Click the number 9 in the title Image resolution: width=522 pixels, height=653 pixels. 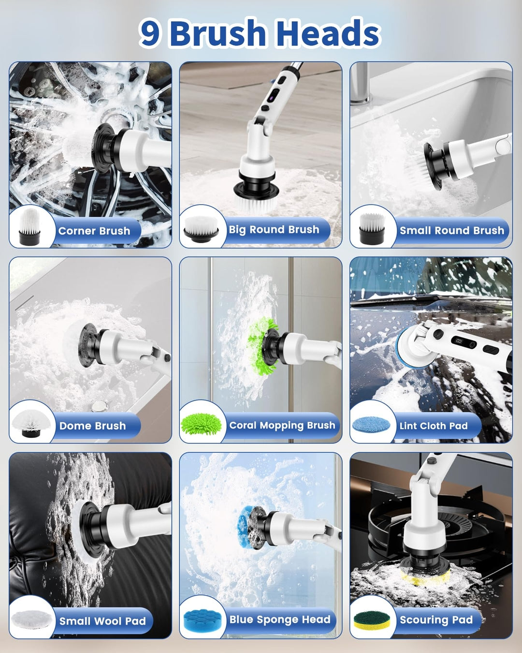coord(150,33)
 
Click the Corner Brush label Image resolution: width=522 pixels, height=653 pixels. coord(94,231)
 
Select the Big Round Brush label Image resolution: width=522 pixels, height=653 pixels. coord(274,230)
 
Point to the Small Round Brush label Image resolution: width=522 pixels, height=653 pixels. coord(452,231)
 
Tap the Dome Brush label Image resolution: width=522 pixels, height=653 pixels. coord(92,426)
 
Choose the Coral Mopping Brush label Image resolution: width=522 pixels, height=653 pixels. coord(282,426)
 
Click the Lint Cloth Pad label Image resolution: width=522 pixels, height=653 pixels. coord(434,426)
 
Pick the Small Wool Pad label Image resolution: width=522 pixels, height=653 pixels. coord(102,621)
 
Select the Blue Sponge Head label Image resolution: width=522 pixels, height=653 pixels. coord(280,619)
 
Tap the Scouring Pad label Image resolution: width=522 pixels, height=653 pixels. coord(436,620)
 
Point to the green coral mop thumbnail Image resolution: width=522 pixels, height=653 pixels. coord(201,424)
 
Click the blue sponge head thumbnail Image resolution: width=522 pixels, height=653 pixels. coord(203,621)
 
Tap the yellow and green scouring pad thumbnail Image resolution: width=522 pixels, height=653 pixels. coord(373,621)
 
